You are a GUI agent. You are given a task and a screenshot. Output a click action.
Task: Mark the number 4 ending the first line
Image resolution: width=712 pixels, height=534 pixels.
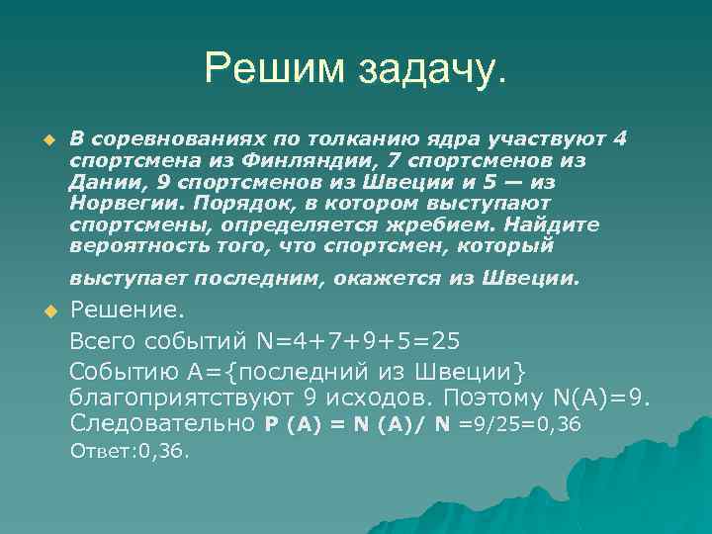coord(620,137)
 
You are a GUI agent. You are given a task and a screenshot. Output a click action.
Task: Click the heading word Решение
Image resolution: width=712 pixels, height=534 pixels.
coord(127,311)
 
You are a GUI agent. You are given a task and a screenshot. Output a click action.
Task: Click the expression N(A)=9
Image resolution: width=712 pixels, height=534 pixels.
coord(604,398)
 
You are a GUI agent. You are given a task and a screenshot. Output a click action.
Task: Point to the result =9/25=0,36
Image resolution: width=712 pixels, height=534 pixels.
coord(520,425)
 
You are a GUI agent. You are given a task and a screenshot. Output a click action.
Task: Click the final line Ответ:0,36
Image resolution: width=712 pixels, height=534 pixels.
coord(130,451)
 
